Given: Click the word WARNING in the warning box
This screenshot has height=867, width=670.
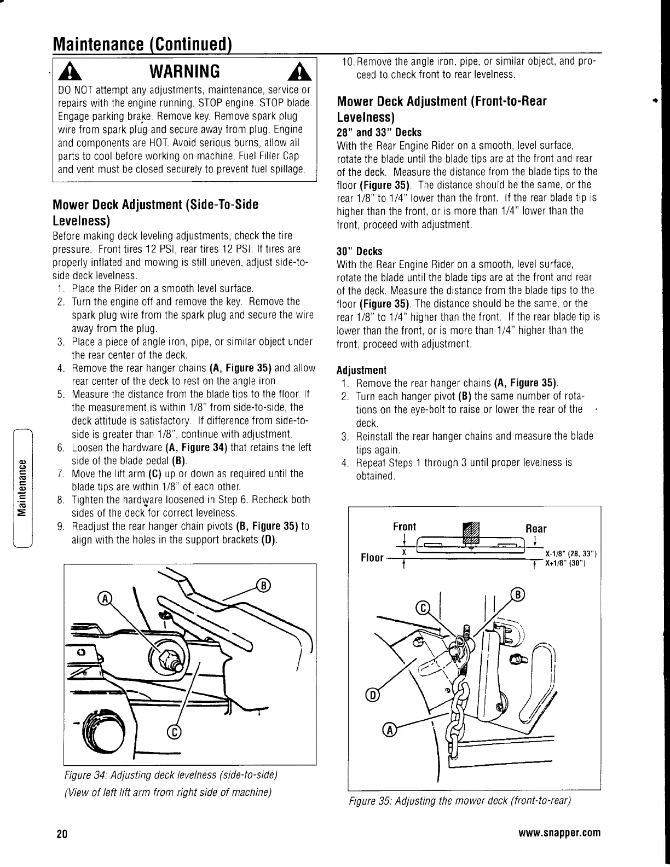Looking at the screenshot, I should click(x=185, y=71).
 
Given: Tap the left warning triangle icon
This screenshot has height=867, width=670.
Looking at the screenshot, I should click(x=67, y=71).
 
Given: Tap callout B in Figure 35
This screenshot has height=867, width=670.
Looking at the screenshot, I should click(x=517, y=594).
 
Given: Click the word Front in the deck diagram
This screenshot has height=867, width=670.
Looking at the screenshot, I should click(x=405, y=527).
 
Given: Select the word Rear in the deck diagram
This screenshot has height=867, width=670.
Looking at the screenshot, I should click(x=535, y=528).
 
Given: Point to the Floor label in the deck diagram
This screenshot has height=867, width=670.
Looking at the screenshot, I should click(x=372, y=558).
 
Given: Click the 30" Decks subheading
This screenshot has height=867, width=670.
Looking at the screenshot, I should click(x=359, y=251).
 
